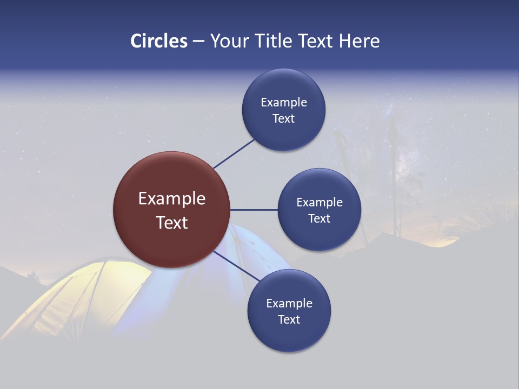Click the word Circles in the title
coord(158,41)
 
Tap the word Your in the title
coord(228,41)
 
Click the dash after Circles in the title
coord(198,42)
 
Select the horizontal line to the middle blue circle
coord(254,210)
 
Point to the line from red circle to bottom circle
coord(236,266)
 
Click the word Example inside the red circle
coord(172,199)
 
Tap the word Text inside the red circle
coord(172,223)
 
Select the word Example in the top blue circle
coord(284,103)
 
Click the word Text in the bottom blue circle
coord(289,320)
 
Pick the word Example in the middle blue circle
coord(320,203)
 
